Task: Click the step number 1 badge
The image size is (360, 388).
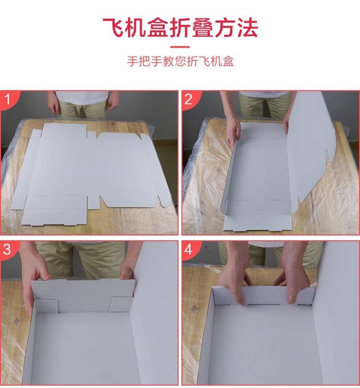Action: coord(7,99)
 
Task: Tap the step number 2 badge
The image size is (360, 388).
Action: coord(189,99)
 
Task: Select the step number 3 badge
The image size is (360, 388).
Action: coord(7,249)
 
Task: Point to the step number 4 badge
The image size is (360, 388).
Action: coord(189,249)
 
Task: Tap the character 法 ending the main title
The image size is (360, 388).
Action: coord(247,27)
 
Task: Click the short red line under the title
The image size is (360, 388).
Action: coord(180,47)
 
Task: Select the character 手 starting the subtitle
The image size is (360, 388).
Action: coord(132,61)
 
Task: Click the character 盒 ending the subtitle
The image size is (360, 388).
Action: coord(228,61)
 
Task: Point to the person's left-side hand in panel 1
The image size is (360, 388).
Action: coord(54,106)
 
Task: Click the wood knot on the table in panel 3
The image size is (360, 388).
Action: coord(17,322)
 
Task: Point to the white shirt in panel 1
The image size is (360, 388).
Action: coord(82,97)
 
